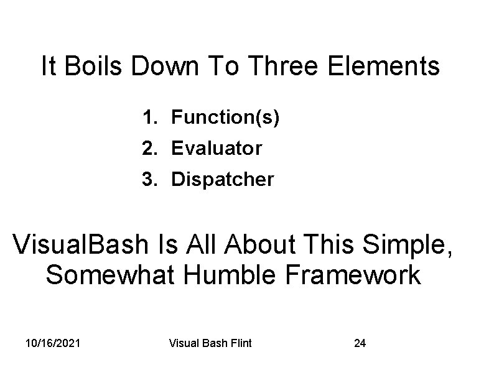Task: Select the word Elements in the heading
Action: pos(390,67)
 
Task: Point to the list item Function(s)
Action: pos(225,116)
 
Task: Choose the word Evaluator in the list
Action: pos(217,148)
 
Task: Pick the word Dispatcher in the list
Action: pos(222,180)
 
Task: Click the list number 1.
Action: pos(148,116)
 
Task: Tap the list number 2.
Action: pos(148,148)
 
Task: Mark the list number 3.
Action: pos(148,180)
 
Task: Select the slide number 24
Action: pos(360,343)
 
